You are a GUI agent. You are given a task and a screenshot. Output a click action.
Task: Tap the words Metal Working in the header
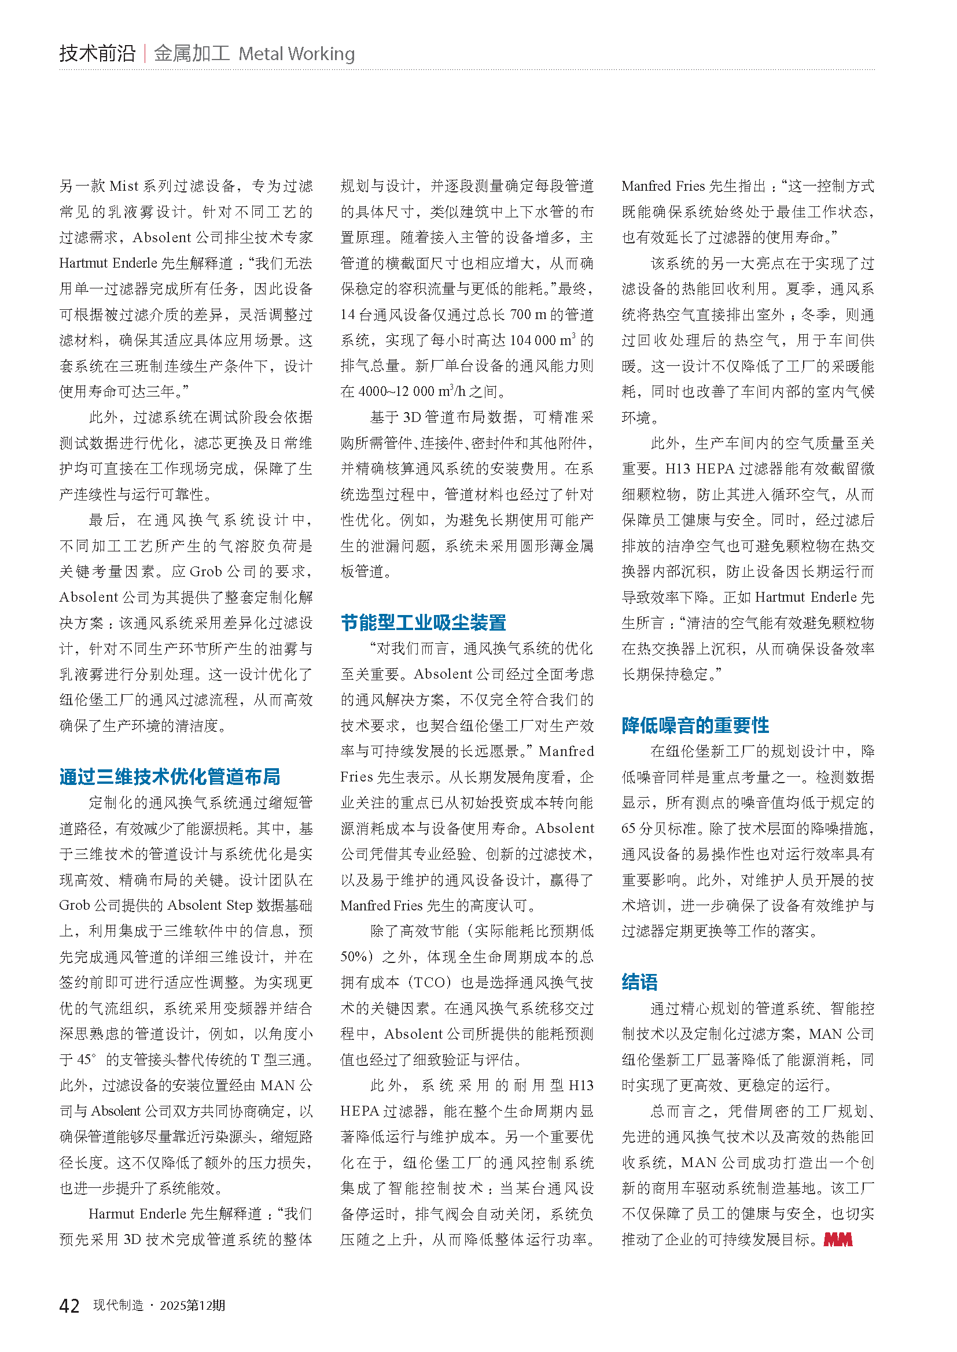[296, 54]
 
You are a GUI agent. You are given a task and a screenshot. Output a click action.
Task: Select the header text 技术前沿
[97, 54]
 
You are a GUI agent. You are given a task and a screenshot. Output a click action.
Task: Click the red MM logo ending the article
[838, 1239]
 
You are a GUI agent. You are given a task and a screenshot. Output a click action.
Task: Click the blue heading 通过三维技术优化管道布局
[170, 777]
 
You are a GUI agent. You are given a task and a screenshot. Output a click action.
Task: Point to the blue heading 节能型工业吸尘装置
[423, 623]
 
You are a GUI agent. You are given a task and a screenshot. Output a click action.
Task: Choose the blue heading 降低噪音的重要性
[695, 725]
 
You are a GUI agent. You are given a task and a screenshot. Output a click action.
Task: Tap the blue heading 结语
[639, 982]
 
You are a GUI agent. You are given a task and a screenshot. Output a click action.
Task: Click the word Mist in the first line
[124, 186]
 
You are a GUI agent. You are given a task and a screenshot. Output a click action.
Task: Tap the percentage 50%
[354, 957]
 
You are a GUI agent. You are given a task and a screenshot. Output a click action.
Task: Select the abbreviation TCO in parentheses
[429, 983]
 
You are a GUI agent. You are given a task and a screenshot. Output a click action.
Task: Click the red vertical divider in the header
[145, 54]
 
